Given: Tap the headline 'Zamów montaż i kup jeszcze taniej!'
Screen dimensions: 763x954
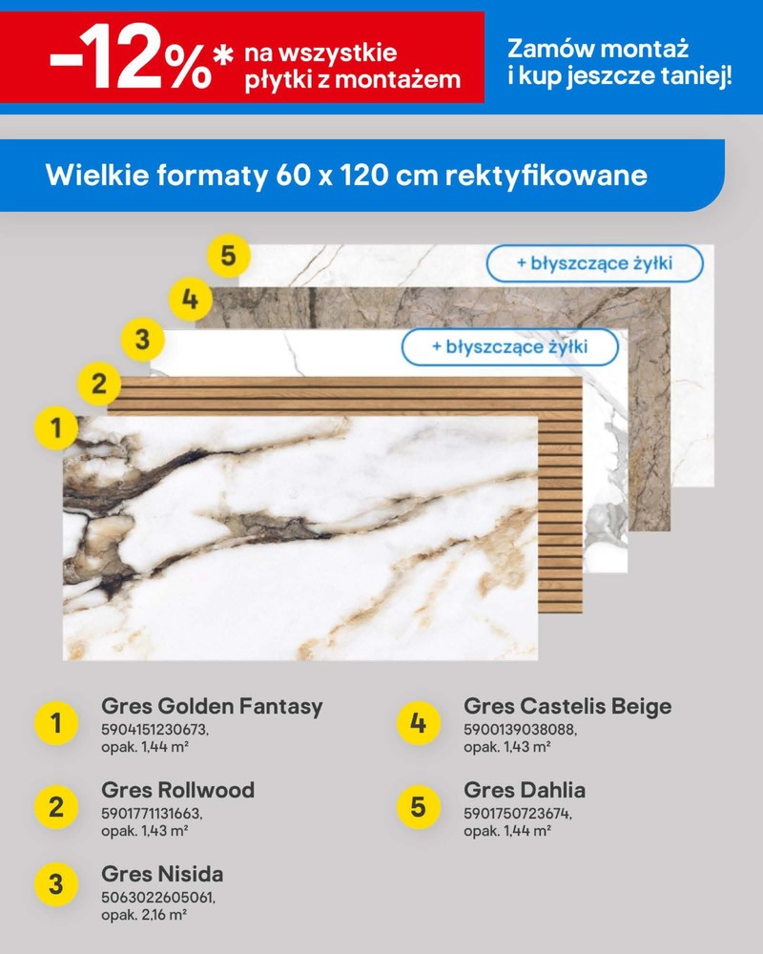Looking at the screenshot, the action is (619, 62).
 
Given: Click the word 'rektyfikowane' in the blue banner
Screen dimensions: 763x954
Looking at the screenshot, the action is (546, 176).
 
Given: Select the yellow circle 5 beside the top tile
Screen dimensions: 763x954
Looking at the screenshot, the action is (228, 255).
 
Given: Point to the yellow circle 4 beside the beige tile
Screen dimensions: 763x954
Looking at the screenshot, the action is (191, 300).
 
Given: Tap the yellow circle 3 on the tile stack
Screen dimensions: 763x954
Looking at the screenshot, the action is (142, 339).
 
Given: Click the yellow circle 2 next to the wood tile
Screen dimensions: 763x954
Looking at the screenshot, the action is (99, 384).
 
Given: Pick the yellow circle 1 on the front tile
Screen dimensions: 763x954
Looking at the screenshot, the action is (56, 427).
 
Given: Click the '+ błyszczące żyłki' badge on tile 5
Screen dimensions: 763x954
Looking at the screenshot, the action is (594, 263).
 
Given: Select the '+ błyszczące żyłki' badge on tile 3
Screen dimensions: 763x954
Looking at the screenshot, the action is (510, 347).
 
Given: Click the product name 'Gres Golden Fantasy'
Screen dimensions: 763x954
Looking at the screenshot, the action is (212, 706).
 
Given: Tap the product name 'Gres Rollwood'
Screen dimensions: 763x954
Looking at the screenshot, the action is (177, 790).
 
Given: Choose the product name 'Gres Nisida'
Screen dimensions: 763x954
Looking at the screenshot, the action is (162, 874).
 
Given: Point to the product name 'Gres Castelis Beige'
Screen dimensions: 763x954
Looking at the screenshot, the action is (567, 706).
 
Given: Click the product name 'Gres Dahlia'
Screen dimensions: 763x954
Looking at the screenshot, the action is (525, 790).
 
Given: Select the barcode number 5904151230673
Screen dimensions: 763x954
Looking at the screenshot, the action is (155, 729).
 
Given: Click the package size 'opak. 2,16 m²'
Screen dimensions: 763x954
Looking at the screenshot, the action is (144, 915).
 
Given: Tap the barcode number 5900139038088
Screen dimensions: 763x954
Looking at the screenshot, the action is (520, 729).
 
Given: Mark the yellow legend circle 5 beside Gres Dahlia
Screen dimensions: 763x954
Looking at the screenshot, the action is (418, 807).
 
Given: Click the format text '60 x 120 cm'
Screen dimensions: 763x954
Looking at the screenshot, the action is (357, 176).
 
